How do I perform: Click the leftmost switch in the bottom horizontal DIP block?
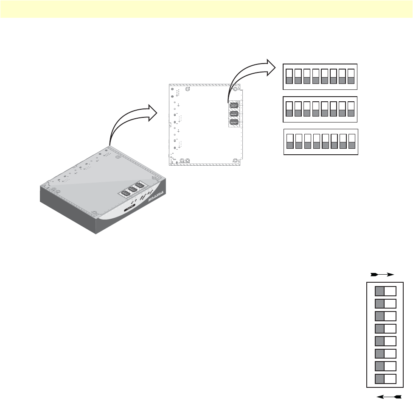(290, 142)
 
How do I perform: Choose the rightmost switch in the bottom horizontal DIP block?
(352, 142)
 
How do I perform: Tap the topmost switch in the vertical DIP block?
(385, 291)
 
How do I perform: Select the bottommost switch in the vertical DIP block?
(385, 379)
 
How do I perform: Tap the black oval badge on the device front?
(130, 207)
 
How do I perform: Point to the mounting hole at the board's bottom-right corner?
(236, 161)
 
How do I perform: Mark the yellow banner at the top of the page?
(206, 9)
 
